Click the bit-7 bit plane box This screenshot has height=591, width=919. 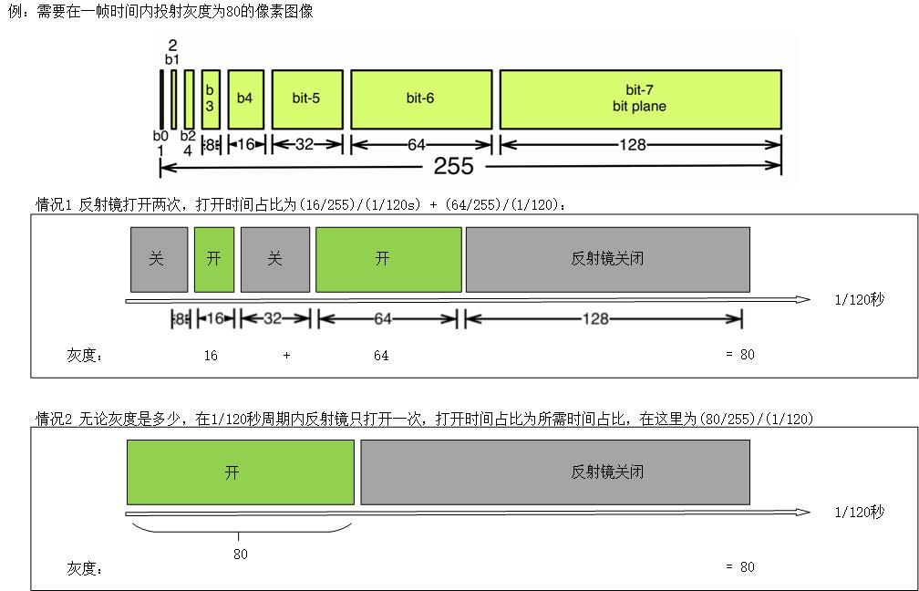coord(640,98)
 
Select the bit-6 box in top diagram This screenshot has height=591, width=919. coord(420,98)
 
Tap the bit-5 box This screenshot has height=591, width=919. coord(307,98)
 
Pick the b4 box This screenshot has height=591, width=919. coord(245,98)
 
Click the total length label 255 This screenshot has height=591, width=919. coord(453,166)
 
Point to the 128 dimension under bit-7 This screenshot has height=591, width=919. coord(639,144)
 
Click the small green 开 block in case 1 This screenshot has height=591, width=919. coord(213,259)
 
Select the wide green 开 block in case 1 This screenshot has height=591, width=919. coord(387,259)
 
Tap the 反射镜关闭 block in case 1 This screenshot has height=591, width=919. coord(607,259)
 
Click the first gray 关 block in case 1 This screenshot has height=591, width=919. coord(158,259)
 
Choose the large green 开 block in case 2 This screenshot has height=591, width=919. coord(240,472)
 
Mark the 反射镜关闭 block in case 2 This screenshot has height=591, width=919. coord(554,472)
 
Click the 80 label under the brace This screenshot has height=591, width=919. coord(240,554)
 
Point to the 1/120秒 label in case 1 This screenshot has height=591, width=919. coord(859,299)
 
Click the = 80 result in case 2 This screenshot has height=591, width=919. coord(739,566)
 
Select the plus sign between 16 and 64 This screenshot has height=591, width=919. coord(286,356)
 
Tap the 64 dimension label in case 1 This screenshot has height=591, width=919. coord(382,318)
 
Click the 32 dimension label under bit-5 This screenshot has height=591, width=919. coord(305,144)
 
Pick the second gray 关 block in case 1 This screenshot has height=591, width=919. coord(274,259)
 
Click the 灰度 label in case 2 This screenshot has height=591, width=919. coord(84,569)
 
